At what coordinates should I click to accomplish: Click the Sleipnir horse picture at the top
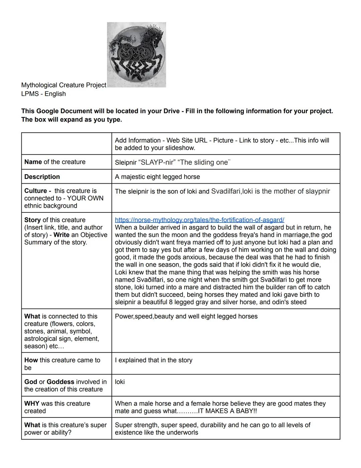[x=136, y=55]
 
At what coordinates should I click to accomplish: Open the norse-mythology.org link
[x=199, y=220]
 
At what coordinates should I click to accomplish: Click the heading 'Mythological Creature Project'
[x=64, y=85]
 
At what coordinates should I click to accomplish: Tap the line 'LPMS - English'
[x=43, y=94]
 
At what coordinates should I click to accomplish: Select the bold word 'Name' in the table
[x=33, y=162]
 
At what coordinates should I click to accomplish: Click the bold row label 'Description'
[x=42, y=177]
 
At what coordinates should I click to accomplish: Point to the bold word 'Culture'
[x=35, y=191]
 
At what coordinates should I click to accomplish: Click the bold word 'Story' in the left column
[x=32, y=220]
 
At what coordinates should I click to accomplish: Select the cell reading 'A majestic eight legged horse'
[x=157, y=177]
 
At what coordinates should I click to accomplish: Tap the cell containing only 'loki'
[x=120, y=382]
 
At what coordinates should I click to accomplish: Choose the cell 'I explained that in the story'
[x=153, y=360]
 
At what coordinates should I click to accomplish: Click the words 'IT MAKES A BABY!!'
[x=227, y=411]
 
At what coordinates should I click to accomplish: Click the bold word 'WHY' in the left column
[x=32, y=403]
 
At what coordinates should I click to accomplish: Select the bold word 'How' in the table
[x=31, y=360]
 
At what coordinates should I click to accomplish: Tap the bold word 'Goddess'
[x=61, y=382]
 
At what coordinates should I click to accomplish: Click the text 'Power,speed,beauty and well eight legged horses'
[x=186, y=316]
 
